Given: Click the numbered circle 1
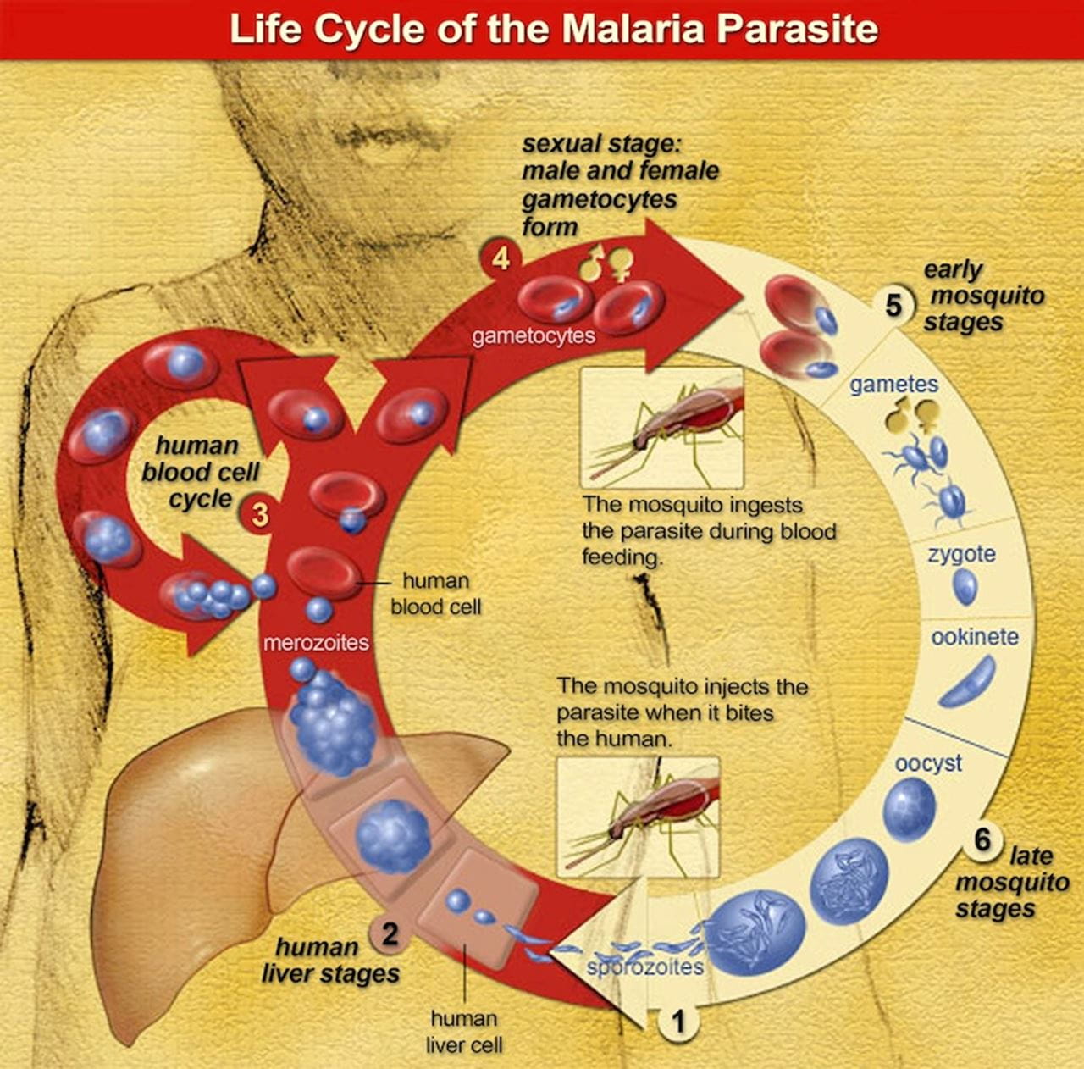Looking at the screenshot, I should tap(677, 1022).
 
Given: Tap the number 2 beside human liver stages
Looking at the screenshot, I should tap(389, 934).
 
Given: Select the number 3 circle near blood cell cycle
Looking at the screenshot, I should tap(260, 513).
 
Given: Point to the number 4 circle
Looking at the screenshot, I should tap(501, 258).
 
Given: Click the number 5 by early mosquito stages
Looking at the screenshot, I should tap(893, 304).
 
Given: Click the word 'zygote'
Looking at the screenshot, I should tap(961, 554).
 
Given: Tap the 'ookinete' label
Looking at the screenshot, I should tap(975, 636).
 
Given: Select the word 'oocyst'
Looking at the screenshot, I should tap(928, 762).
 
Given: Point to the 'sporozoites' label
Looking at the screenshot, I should tap(644, 967).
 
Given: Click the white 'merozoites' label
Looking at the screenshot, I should tap(316, 642).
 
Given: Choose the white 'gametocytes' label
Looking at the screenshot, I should tap(534, 335).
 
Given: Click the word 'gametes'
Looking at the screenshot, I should tap(894, 384).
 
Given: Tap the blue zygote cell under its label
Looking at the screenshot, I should tap(965, 586).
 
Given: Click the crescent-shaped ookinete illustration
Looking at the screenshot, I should tap(967, 683).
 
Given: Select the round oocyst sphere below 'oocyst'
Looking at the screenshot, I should tap(909, 809).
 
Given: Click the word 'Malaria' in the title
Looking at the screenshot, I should tap(632, 29).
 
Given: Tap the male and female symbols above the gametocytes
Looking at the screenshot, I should tap(606, 263).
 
